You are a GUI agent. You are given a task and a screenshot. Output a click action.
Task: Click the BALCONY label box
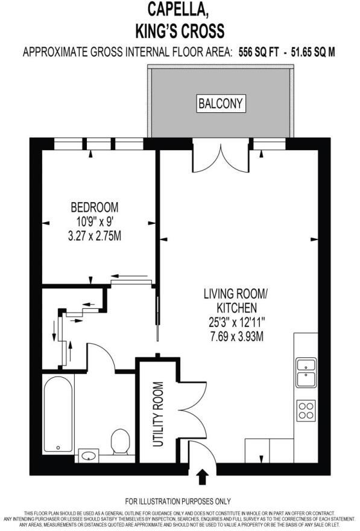[x=221, y=104]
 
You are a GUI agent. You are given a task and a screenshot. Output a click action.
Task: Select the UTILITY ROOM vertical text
[x=158, y=415]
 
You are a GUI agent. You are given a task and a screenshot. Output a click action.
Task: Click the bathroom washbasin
[x=89, y=454]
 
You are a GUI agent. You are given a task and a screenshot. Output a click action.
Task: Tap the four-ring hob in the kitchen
[x=306, y=410]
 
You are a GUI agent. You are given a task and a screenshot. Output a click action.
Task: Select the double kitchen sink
[x=306, y=372]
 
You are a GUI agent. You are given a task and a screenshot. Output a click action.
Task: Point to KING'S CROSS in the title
[x=180, y=30]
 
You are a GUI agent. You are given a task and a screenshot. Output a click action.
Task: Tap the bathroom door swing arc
[x=103, y=356]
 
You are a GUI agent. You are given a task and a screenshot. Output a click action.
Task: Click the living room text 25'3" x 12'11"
[x=235, y=322]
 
